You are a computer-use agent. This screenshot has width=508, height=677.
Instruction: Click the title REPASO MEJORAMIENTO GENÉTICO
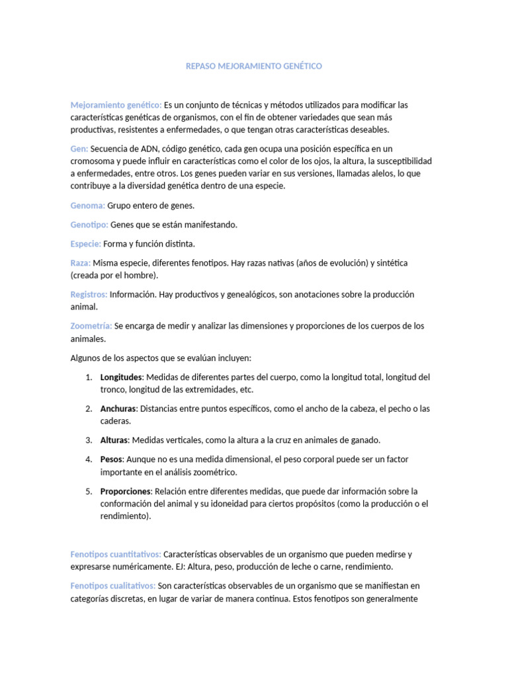tap(254, 67)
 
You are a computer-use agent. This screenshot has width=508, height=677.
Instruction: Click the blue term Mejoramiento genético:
tap(116, 105)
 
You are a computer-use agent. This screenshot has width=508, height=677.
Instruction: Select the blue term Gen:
tap(79, 149)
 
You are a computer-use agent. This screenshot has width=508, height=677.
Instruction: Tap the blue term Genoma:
tap(88, 206)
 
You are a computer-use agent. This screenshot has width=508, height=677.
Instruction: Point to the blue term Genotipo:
tap(89, 225)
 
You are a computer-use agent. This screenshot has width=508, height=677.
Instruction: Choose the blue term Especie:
tap(86, 244)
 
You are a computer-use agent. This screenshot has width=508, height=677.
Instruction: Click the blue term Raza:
tap(81, 263)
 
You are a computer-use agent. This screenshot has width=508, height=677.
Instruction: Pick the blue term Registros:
tap(89, 294)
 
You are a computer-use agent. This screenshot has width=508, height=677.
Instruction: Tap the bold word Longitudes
tap(121, 377)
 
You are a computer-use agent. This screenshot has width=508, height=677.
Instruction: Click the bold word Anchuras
tap(118, 409)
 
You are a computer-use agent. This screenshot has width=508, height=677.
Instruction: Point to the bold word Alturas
tap(115, 440)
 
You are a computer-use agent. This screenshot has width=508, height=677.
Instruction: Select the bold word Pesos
tap(112, 459)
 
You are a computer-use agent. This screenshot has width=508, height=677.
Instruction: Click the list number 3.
tap(89, 440)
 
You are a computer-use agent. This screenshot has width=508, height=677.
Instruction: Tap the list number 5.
tap(89, 491)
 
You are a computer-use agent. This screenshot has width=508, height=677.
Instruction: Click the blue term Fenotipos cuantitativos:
tap(116, 554)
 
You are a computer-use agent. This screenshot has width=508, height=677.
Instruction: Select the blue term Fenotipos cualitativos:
tap(113, 586)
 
